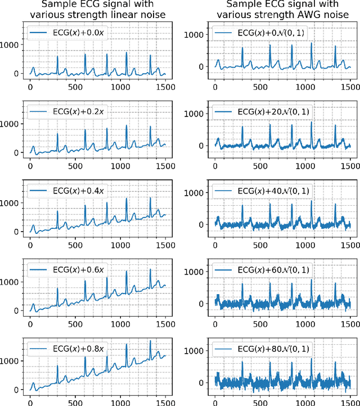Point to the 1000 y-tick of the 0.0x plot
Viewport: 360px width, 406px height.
click(x=13, y=44)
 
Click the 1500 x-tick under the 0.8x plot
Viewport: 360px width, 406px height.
click(x=165, y=400)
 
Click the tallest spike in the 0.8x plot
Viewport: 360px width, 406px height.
click(x=150, y=341)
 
